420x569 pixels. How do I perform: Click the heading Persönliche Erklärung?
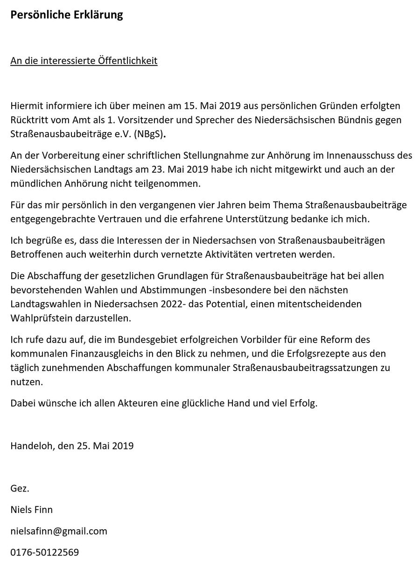pyautogui.click(x=67, y=15)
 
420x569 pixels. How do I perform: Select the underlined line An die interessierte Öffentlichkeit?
pyautogui.click(x=84, y=61)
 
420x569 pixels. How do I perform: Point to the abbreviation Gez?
pyautogui.click(x=20, y=489)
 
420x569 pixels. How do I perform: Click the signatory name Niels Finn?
pyautogui.click(x=32, y=510)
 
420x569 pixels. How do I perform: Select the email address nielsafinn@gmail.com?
pyautogui.click(x=59, y=531)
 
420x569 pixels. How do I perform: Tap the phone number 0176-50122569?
pyautogui.click(x=45, y=553)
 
